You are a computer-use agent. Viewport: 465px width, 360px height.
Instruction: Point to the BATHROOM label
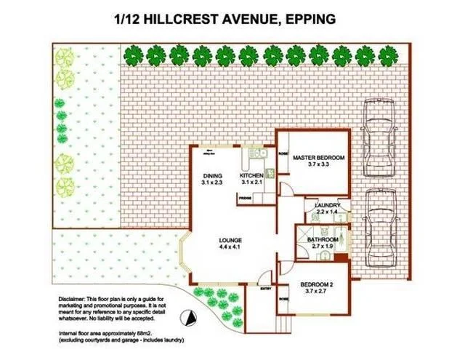[x=322, y=239]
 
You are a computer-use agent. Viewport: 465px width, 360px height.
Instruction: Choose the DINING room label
[x=212, y=176]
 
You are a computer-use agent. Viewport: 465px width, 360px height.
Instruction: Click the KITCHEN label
[x=251, y=176]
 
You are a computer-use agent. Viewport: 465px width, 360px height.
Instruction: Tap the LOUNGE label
[x=232, y=241]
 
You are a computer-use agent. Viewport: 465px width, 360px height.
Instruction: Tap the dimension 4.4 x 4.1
[x=232, y=248]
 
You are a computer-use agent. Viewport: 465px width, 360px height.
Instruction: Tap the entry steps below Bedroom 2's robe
[x=290, y=322]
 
